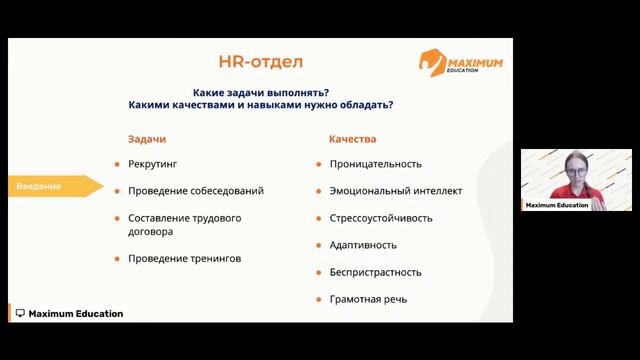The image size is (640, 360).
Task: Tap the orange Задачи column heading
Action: coord(147,139)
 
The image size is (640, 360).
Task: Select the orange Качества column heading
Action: coord(352,139)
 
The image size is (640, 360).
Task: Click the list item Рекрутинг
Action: coord(153,164)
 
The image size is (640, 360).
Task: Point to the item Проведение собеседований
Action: coord(196,191)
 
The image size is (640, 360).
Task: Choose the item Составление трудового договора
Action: coord(184,224)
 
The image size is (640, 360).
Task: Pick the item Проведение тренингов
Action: coord(184,259)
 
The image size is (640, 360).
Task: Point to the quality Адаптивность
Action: coord(363,245)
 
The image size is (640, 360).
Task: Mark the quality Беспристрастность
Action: coord(375,272)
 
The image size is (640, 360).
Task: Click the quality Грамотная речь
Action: coord(368,299)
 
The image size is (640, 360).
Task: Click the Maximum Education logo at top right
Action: coord(460,62)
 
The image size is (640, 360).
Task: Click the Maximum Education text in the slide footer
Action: coord(75,314)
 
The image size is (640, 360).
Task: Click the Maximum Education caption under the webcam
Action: coord(557,205)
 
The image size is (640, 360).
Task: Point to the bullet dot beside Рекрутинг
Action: coord(116,164)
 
